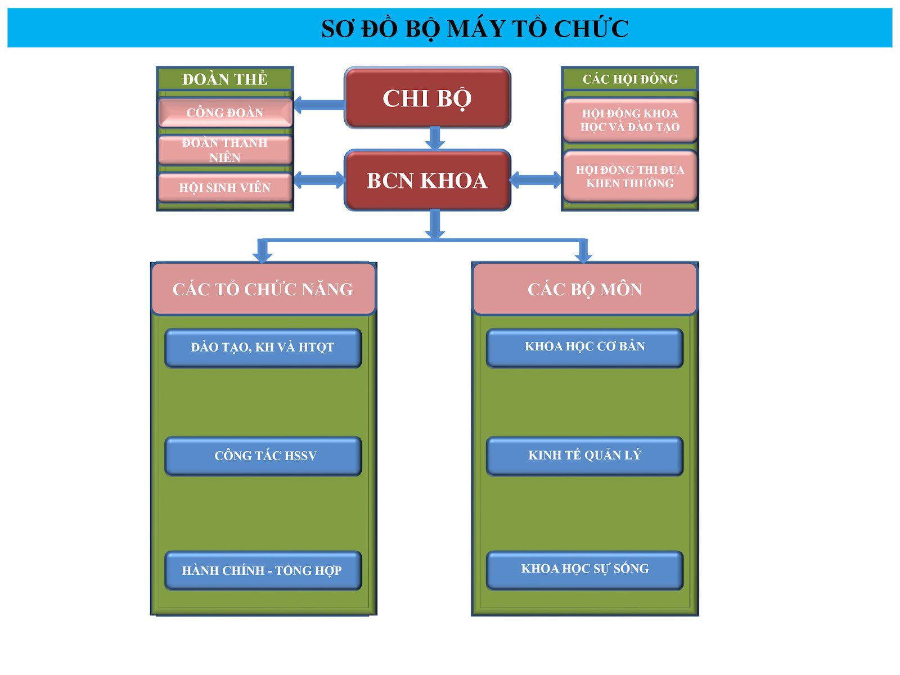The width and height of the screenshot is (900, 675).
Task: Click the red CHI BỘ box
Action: click(427, 98)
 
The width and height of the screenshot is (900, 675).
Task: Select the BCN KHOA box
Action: click(427, 180)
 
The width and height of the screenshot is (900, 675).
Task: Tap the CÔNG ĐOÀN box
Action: click(225, 112)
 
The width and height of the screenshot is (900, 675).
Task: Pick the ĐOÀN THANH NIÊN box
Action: click(225, 150)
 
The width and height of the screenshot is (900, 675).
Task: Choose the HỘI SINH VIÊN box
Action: click(225, 187)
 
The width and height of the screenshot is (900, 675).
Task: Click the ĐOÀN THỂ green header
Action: click(225, 79)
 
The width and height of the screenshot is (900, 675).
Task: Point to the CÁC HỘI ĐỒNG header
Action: click(630, 79)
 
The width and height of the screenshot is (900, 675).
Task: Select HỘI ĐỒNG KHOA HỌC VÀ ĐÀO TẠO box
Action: click(630, 120)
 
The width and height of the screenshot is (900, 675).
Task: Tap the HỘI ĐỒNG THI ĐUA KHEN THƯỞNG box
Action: click(630, 176)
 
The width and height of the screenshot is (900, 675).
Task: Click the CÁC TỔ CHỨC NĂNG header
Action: click(263, 289)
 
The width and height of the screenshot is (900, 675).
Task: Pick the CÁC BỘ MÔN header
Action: click(585, 289)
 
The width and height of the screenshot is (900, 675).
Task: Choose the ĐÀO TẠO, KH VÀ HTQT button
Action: click(263, 347)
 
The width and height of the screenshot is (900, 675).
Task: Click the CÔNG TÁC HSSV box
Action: click(263, 456)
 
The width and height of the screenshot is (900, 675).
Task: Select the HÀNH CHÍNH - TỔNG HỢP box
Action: click(263, 570)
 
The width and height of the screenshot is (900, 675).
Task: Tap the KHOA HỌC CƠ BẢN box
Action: click(585, 347)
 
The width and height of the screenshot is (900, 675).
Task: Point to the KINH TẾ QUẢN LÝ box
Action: click(585, 456)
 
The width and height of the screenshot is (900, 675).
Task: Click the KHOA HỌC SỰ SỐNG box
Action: click(585, 569)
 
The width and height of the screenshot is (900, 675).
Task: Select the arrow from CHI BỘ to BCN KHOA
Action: click(435, 138)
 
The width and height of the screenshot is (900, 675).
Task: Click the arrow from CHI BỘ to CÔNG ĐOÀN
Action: click(318, 105)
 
